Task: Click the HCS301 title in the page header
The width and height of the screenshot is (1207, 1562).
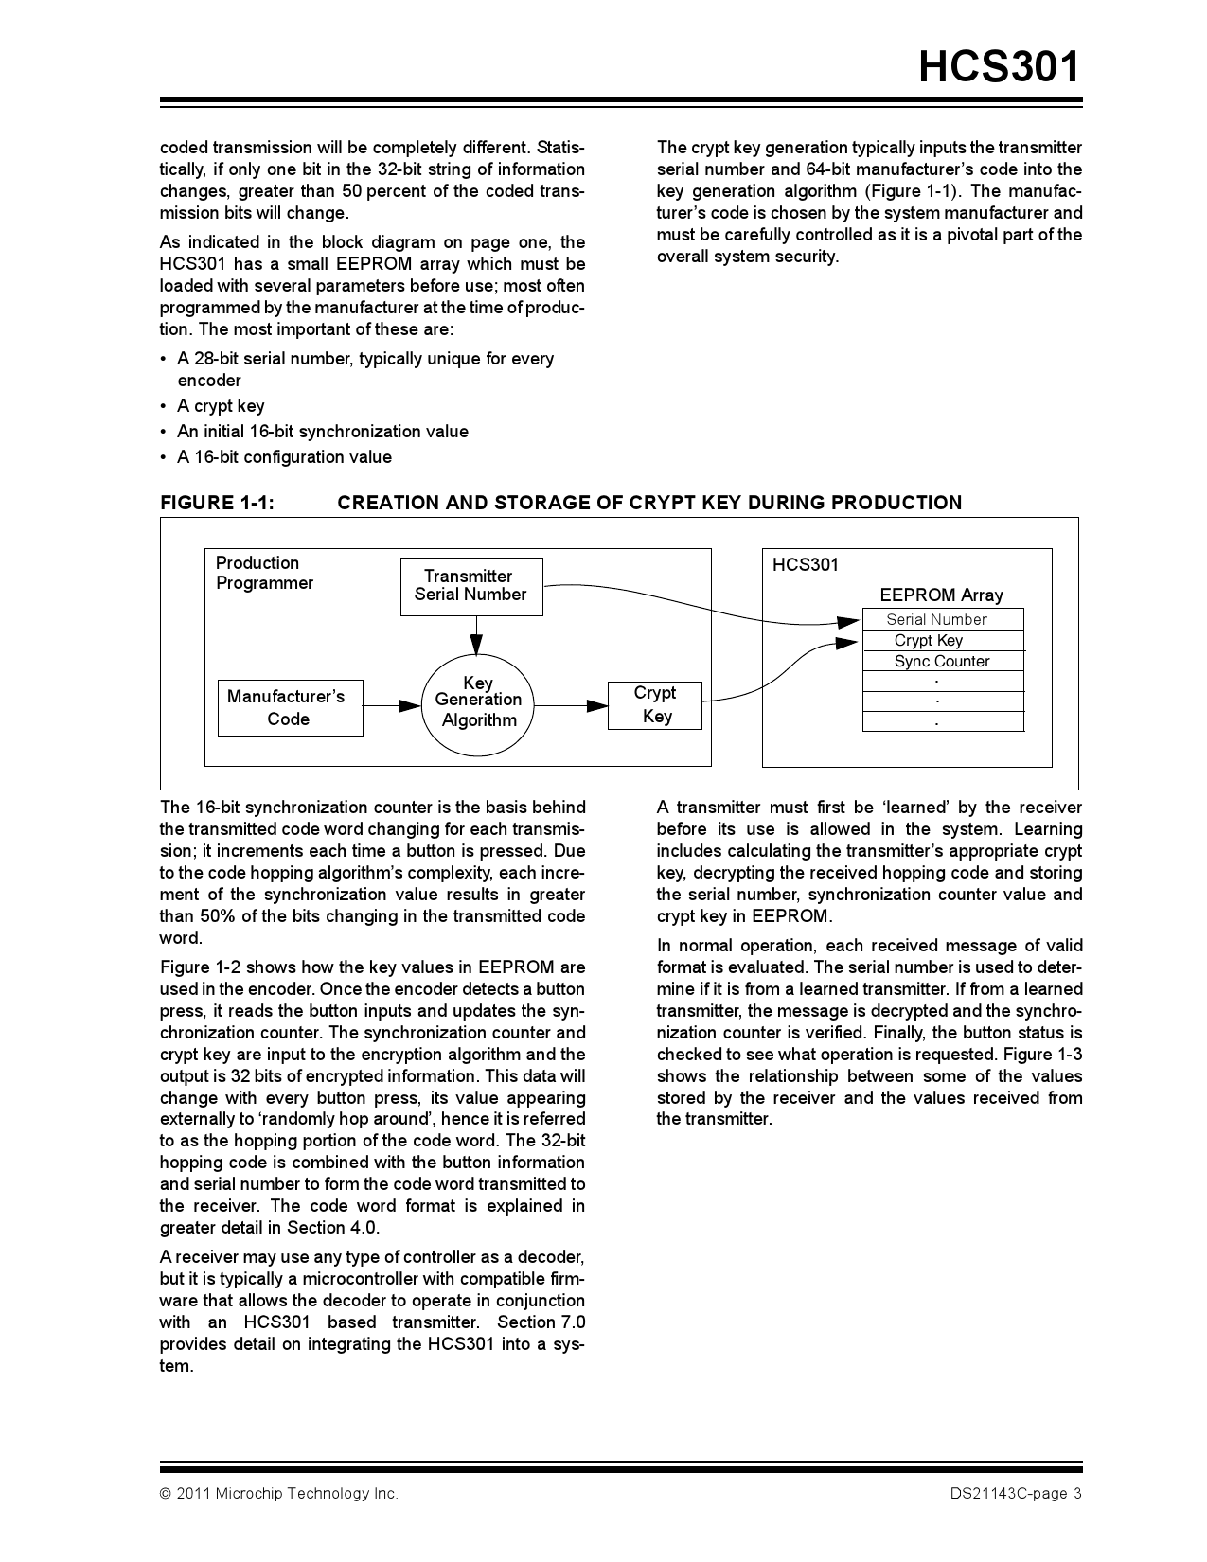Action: (x=999, y=68)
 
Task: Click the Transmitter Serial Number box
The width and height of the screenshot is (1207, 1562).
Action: (x=470, y=586)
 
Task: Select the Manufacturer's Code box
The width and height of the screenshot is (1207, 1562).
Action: (x=289, y=707)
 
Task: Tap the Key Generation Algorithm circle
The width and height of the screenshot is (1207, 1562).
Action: (x=478, y=701)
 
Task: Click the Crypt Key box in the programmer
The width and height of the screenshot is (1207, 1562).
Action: (x=655, y=704)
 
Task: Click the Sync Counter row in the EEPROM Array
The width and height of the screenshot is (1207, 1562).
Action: (x=942, y=661)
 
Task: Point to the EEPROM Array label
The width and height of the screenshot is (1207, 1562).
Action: (x=941, y=595)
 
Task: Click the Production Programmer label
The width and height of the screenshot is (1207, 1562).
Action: (x=264, y=573)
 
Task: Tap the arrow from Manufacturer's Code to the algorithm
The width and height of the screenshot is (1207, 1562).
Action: (x=391, y=705)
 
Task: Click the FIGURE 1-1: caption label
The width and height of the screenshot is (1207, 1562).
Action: (x=217, y=503)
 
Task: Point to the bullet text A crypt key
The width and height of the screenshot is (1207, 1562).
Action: (x=221, y=406)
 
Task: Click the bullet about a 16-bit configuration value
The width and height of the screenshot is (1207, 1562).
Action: (x=284, y=457)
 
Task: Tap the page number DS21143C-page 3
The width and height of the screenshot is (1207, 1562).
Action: (x=1016, y=1494)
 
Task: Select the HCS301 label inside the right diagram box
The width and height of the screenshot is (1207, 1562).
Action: (x=805, y=564)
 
